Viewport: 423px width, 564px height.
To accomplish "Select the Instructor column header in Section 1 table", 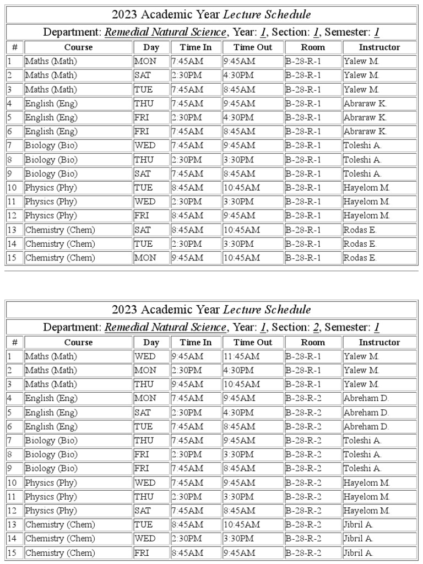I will point(379,47).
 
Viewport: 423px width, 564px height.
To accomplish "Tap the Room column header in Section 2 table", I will point(313,342).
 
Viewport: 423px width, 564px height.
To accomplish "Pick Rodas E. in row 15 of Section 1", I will point(360,257).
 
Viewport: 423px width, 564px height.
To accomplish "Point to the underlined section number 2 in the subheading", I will point(316,327).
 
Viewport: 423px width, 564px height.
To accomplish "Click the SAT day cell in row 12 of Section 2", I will point(142,511).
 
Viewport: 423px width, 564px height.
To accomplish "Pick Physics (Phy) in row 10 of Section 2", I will point(51,482).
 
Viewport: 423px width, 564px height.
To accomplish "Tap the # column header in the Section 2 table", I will point(14,342).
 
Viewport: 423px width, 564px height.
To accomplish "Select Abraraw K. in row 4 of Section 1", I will point(365,103).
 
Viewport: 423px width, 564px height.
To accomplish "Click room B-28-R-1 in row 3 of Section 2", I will point(303,384).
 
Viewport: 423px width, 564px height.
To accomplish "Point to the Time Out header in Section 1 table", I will point(253,47).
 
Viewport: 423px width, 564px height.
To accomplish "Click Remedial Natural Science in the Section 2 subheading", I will point(165,327).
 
